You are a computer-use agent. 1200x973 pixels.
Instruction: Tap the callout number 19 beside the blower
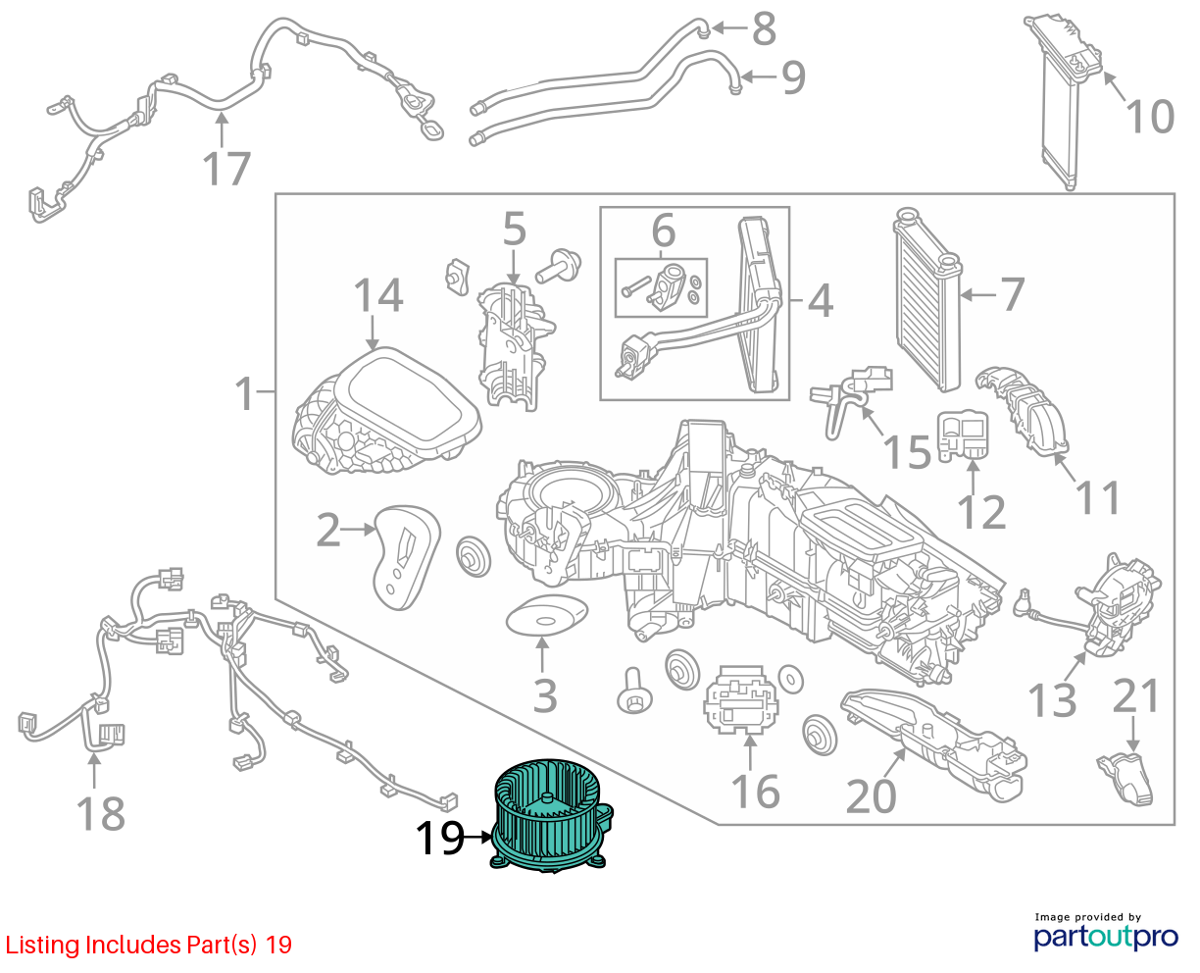[440, 839]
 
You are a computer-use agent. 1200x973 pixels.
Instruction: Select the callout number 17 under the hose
[225, 168]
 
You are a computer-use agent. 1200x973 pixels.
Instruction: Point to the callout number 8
[764, 28]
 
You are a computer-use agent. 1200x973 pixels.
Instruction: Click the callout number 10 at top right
[1150, 117]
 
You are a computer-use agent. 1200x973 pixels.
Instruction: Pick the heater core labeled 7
[927, 299]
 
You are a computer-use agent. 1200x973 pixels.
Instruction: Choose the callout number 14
[378, 295]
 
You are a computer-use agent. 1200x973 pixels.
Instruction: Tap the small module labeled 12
[962, 435]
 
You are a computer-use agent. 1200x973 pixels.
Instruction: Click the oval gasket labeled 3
[546, 615]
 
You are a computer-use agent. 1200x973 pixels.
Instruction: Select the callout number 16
[755, 792]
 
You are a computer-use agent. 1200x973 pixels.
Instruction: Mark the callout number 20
[871, 796]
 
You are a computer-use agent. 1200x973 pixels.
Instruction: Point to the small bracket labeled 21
[1125, 778]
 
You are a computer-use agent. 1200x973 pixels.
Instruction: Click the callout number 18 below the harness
[101, 813]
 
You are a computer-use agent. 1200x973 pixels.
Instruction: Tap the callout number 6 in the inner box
[663, 230]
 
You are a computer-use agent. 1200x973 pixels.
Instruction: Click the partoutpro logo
[1106, 937]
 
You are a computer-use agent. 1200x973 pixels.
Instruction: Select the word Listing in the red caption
[42, 945]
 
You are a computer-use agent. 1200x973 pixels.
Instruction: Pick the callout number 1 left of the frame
[244, 393]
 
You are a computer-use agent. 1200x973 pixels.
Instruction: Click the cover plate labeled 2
[407, 557]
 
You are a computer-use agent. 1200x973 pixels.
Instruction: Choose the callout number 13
[1052, 699]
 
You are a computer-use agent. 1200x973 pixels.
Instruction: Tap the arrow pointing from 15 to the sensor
[873, 421]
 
